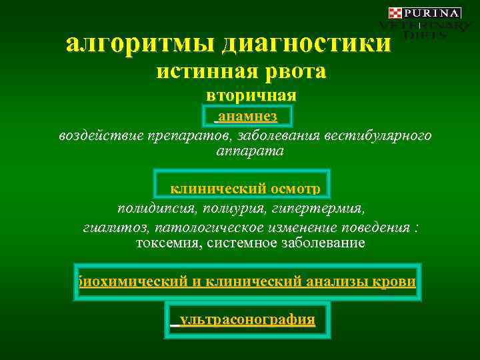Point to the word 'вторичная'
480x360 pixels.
point(251,95)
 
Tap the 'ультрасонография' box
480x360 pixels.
point(246,319)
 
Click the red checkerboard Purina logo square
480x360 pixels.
point(395,13)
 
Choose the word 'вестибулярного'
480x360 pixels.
point(378,136)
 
